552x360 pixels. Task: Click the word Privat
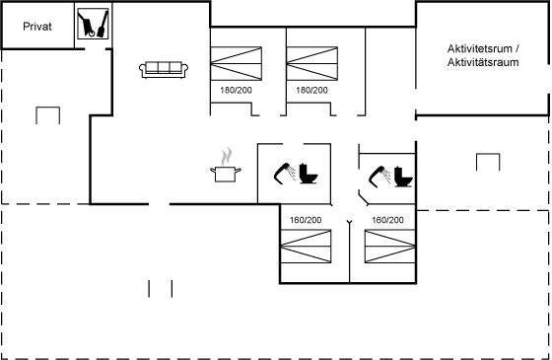[x=37, y=27]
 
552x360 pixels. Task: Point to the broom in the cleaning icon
[x=103, y=24]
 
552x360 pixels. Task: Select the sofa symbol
[x=164, y=69]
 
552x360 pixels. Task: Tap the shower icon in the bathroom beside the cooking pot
[x=285, y=173]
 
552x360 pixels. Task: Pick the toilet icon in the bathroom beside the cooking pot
[x=309, y=174]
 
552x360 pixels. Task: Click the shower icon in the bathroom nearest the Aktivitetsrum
[x=379, y=177]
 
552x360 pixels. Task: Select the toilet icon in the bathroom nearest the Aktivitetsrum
[x=403, y=177]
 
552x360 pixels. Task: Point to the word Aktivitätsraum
[x=483, y=62]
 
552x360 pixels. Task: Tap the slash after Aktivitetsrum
[x=517, y=48]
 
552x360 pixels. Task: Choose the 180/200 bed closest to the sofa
[x=237, y=63]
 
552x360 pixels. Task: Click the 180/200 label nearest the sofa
[x=236, y=90]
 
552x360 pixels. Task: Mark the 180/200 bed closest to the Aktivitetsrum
[x=312, y=63]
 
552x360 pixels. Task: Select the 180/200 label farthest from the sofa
[x=311, y=90]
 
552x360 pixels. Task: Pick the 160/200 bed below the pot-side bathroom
[x=306, y=247]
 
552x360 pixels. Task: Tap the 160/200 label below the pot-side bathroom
[x=306, y=220]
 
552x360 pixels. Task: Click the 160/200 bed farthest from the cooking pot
[x=390, y=247]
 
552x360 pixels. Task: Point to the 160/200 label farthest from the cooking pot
[x=387, y=220]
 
